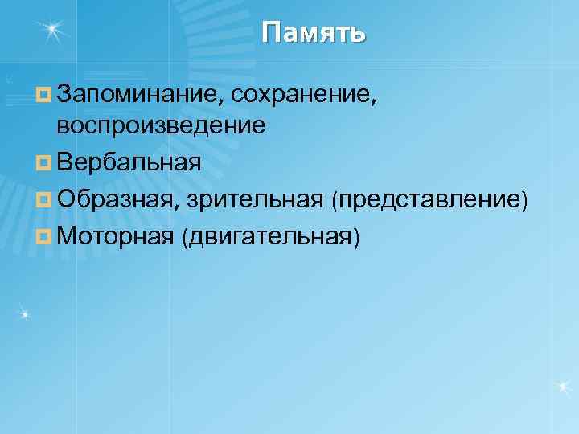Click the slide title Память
click(314, 33)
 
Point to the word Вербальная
click(129, 163)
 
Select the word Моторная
click(115, 236)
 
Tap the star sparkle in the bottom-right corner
click(563, 387)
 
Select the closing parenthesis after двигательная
click(357, 237)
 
